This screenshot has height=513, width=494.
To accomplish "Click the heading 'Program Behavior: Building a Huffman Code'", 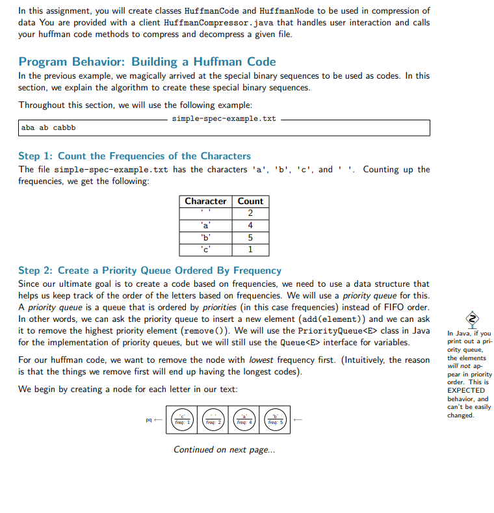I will [147, 62].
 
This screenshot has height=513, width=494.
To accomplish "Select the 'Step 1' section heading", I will [134, 156].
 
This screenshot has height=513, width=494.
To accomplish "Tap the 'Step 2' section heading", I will [149, 270].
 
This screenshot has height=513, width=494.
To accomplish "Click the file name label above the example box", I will [224, 119].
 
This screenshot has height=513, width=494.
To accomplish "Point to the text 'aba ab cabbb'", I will [49, 128].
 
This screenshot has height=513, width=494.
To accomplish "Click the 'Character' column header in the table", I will [205, 202].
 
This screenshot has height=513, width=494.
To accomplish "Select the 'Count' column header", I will [250, 202].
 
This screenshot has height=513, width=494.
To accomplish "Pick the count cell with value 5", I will [250, 237].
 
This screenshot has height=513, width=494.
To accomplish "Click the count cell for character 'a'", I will [250, 226].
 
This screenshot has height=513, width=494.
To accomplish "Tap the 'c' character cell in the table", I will [205, 249].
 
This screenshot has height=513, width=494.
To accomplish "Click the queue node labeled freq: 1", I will [183, 419].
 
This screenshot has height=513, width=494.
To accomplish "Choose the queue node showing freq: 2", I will [213, 419].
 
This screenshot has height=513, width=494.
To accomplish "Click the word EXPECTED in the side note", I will [466, 390].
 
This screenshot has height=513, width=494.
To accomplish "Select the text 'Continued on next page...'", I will [224, 449].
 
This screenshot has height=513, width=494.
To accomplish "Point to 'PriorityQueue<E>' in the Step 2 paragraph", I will [332, 331].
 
